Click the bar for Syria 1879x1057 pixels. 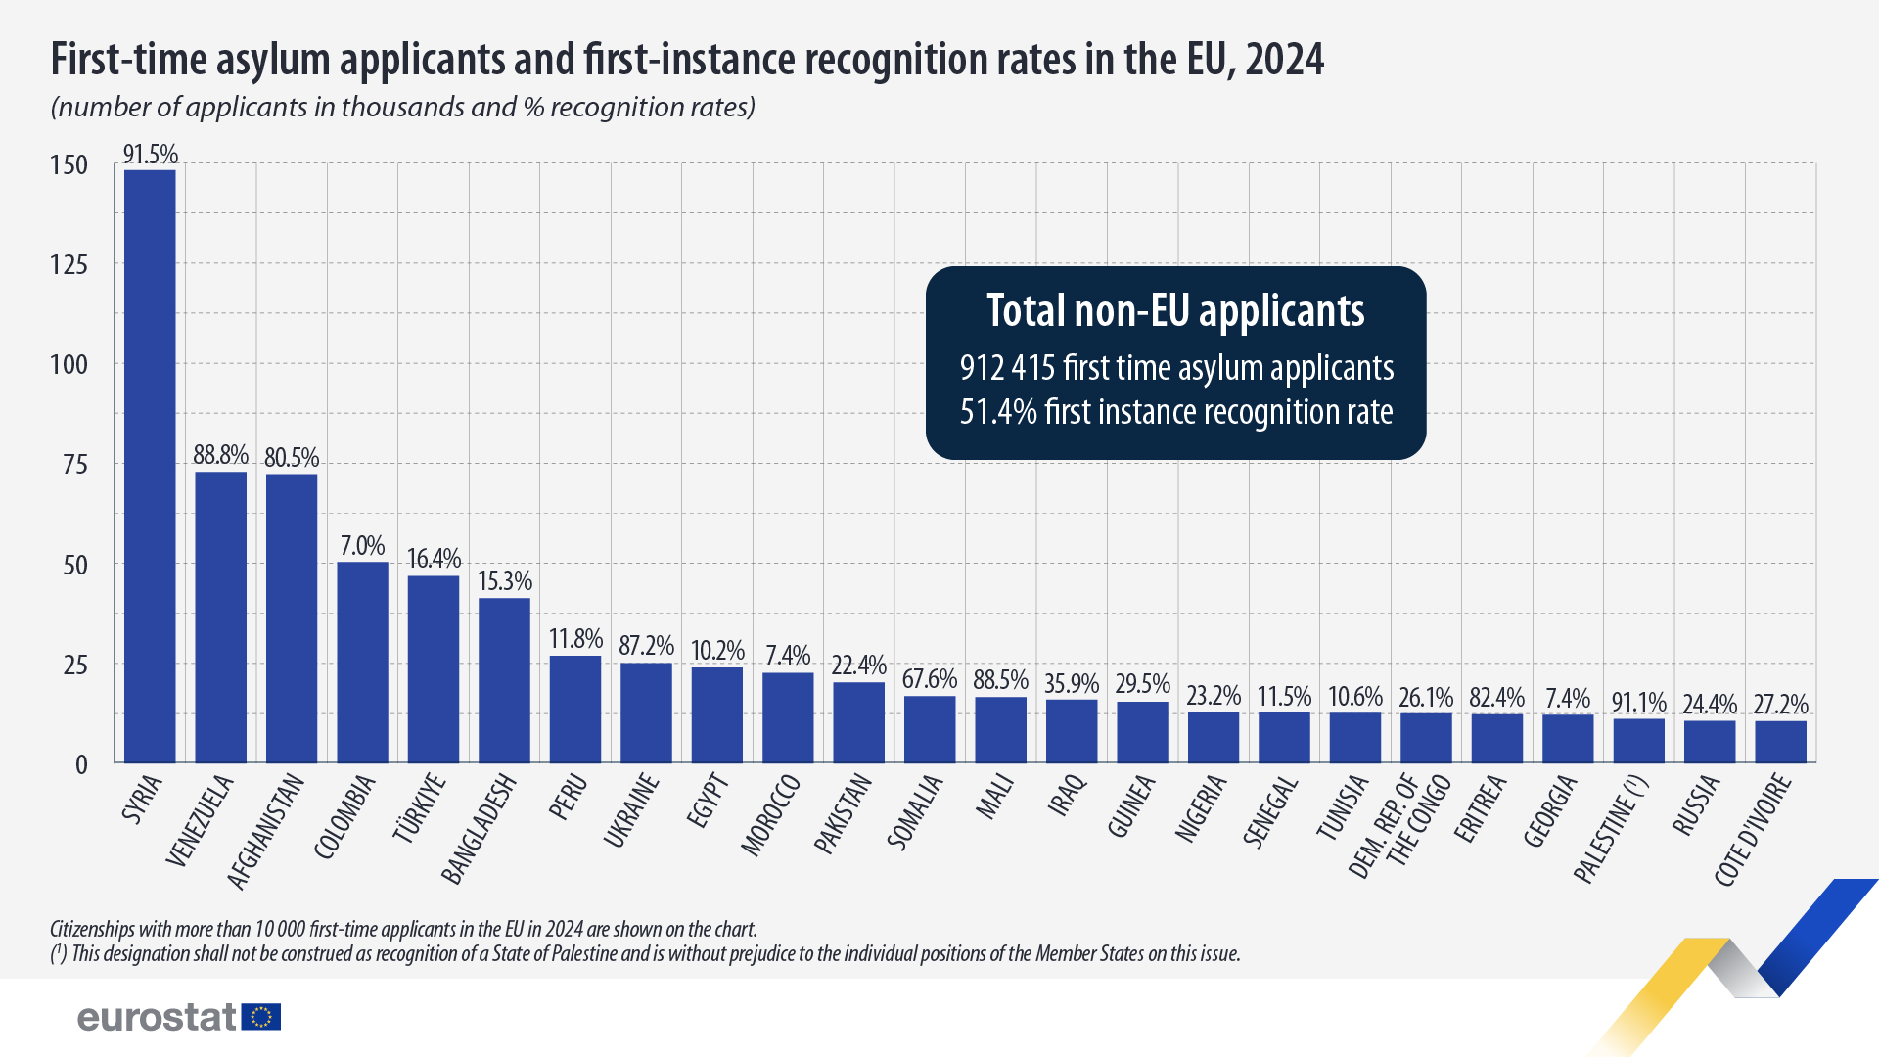point(150,466)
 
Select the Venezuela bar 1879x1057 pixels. point(221,617)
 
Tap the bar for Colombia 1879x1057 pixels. point(362,662)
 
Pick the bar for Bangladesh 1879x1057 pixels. point(504,680)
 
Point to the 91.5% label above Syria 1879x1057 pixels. point(150,155)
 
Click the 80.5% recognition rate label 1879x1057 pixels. point(292,458)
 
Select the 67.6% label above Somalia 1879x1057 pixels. point(930,679)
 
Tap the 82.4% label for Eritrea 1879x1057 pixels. point(1496,698)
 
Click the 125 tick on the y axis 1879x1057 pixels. point(69,264)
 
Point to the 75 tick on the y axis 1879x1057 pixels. point(74,465)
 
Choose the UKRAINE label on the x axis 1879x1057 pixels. point(631,810)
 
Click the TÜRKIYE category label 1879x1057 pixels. point(420,807)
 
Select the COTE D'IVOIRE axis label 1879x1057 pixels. point(1754,830)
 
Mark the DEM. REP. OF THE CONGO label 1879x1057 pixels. point(1399,824)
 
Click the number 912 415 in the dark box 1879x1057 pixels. point(1007,368)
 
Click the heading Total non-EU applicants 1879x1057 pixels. point(1175,311)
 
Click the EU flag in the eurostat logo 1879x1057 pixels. point(261,1017)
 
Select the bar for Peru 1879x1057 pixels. point(575,709)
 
